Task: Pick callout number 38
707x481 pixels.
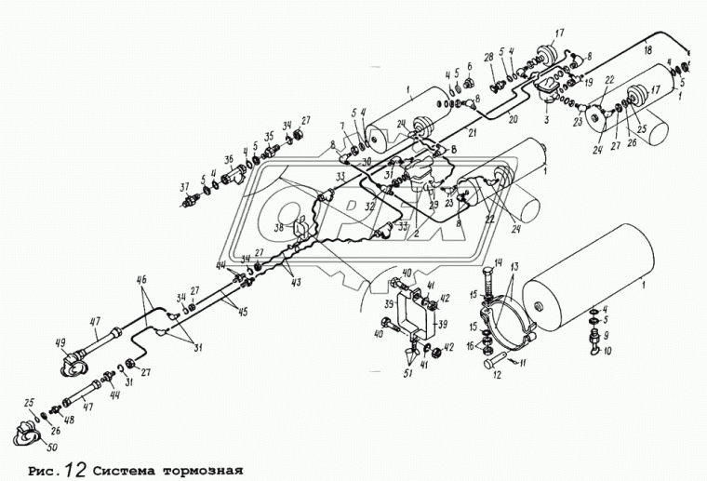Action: point(279,226)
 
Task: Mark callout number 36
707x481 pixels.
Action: point(228,158)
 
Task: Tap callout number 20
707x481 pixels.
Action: point(512,119)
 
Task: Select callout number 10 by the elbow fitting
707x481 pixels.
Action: point(607,351)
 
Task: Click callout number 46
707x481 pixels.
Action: point(142,279)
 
